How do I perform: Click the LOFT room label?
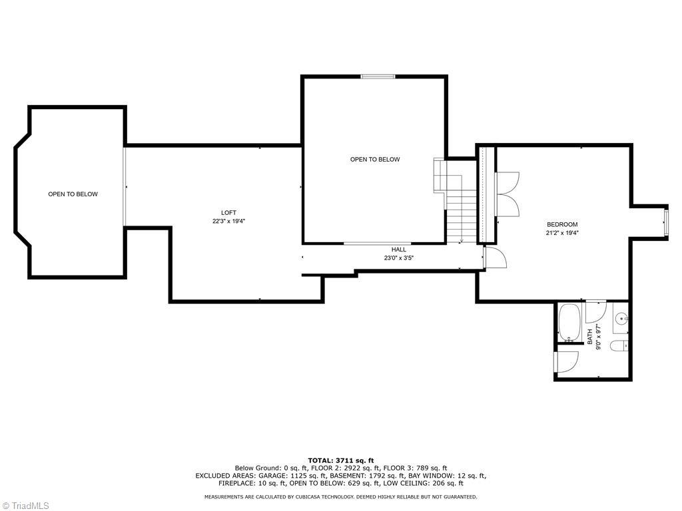coord(228,213)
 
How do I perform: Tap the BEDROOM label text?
coord(562,225)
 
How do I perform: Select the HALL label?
coord(399,250)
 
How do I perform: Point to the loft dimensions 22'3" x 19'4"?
coord(228,222)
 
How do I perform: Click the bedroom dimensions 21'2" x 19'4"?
coord(562,234)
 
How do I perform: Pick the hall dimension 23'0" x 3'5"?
coord(399,258)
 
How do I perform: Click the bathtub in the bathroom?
coord(569,323)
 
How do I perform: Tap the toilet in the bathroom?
coord(620,345)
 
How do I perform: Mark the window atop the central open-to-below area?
coord(378,77)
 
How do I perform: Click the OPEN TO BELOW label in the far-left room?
coord(73,194)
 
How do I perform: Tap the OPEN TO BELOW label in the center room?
coord(375,160)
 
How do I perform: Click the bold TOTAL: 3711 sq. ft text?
coord(340,460)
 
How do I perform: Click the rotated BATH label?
coord(590,337)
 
